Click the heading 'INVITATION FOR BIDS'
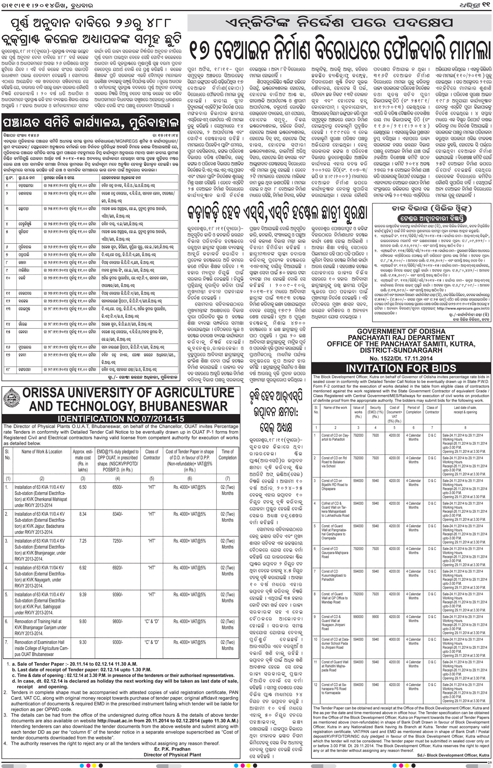pyautogui.click(x=401, y=368)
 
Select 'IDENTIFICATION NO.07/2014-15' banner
pyautogui.click(x=121, y=419)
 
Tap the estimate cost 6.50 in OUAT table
pyautogui.click(x=83, y=487)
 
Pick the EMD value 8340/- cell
pyautogui.click(x=118, y=514)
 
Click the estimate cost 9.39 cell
pyautogui.click(x=83, y=595)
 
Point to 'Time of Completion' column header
pyautogui.click(x=227, y=455)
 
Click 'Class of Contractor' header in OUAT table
pyautogui.click(x=151, y=455)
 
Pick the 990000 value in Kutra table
pyautogui.click(x=358, y=617)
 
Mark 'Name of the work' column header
pyautogui.click(x=335, y=408)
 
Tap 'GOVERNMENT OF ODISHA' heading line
pyautogui.click(x=401, y=331)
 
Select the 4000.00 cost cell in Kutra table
pyautogui.click(x=394, y=640)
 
